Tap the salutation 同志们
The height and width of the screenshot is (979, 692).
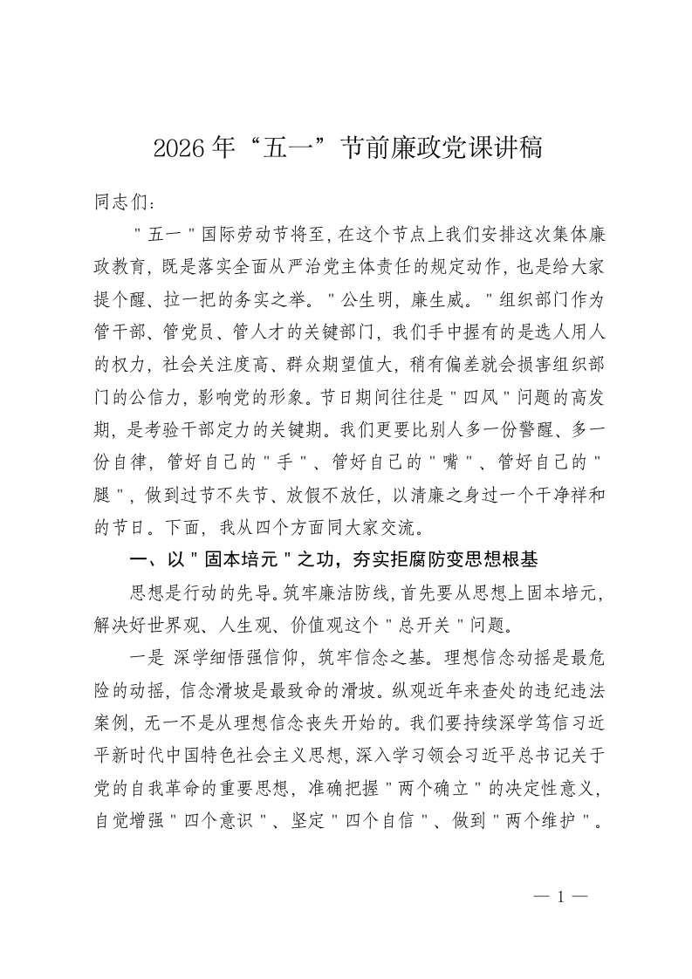(122, 202)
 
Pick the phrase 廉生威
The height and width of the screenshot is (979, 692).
(446, 298)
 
